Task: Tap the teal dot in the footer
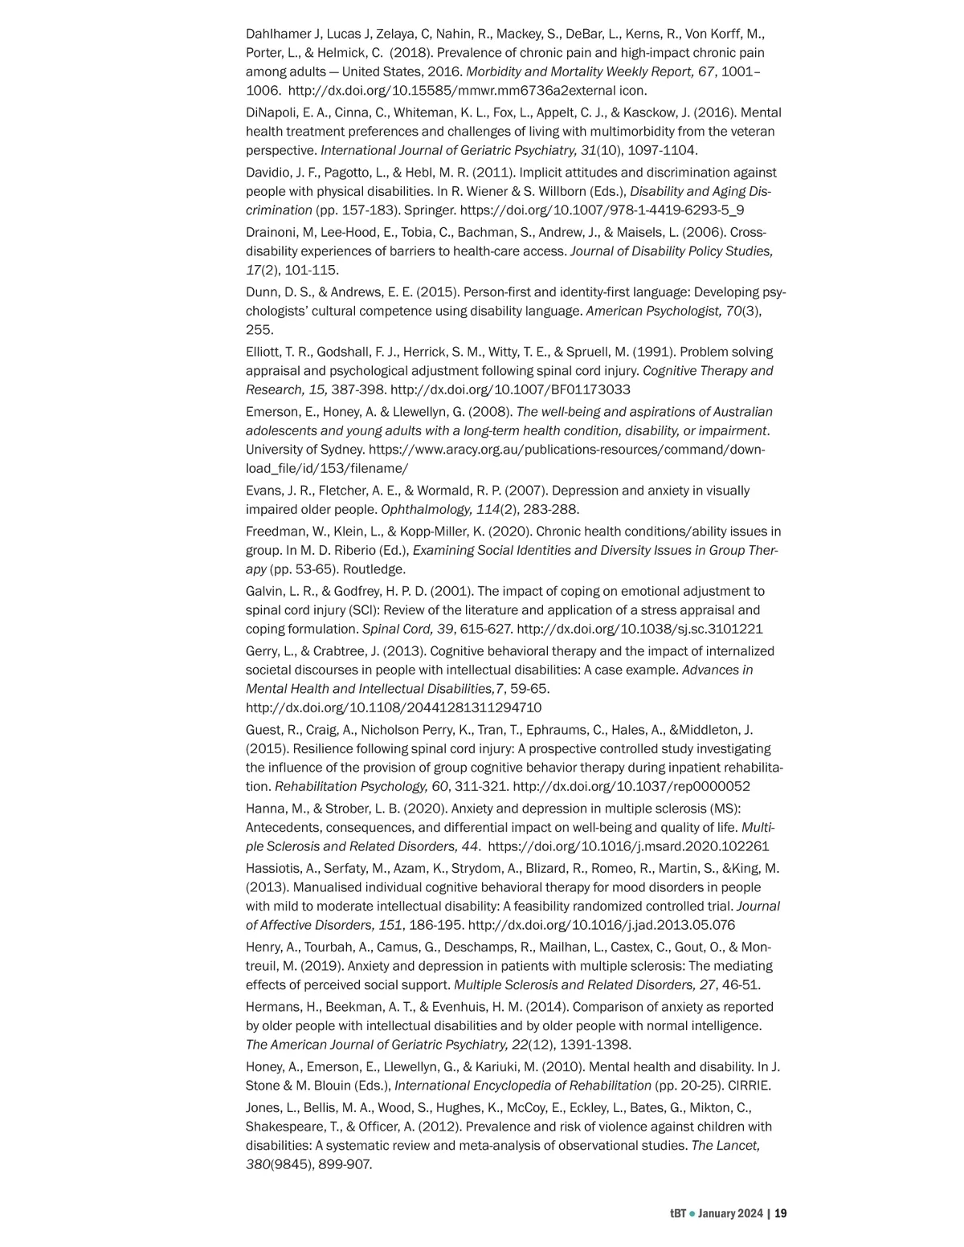(692, 1213)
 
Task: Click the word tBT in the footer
(678, 1213)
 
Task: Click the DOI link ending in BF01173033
(510, 389)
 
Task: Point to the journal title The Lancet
(725, 1146)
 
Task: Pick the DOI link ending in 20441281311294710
(394, 707)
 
